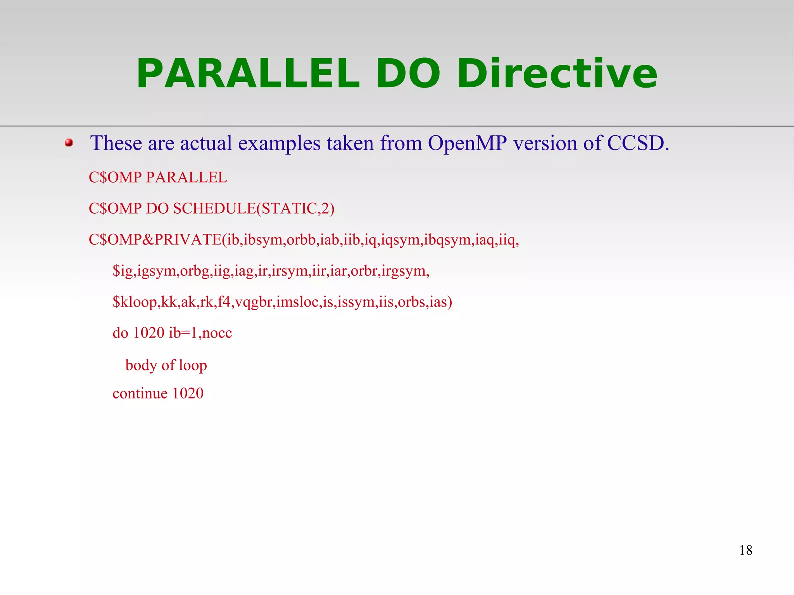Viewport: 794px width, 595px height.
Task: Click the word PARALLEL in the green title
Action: (248, 74)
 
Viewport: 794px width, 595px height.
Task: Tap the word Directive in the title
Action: (557, 74)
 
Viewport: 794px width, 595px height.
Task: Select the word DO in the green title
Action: (408, 74)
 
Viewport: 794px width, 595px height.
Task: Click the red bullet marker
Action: (69, 143)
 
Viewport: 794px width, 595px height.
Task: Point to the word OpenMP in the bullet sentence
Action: (467, 143)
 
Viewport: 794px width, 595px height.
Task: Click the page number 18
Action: (746, 550)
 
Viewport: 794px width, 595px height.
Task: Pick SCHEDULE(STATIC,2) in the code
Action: (254, 209)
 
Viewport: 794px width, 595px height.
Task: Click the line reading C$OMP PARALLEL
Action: (158, 178)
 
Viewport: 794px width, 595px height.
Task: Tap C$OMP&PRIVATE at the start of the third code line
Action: (155, 240)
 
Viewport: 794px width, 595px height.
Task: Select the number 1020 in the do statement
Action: (148, 333)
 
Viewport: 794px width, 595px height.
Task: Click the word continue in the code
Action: (140, 393)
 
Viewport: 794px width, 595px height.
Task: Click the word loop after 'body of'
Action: (193, 366)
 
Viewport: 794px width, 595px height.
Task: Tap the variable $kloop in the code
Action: (135, 302)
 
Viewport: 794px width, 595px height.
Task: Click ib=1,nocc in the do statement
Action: (200, 333)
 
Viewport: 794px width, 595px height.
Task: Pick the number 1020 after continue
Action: (188, 393)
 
